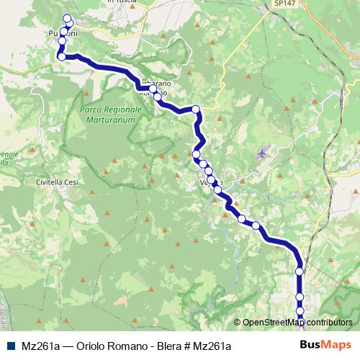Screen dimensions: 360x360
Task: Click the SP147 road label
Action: [x=264, y=4]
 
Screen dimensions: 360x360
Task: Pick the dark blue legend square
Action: [x=12, y=346]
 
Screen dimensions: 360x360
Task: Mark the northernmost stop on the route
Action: [x=68, y=19]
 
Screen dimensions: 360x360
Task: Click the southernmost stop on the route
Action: [x=301, y=322]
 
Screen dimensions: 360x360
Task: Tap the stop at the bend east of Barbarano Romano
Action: [x=195, y=109]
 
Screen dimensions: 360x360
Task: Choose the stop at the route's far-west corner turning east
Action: [x=62, y=57]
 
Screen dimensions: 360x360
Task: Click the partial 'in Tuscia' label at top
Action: [x=120, y=2]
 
